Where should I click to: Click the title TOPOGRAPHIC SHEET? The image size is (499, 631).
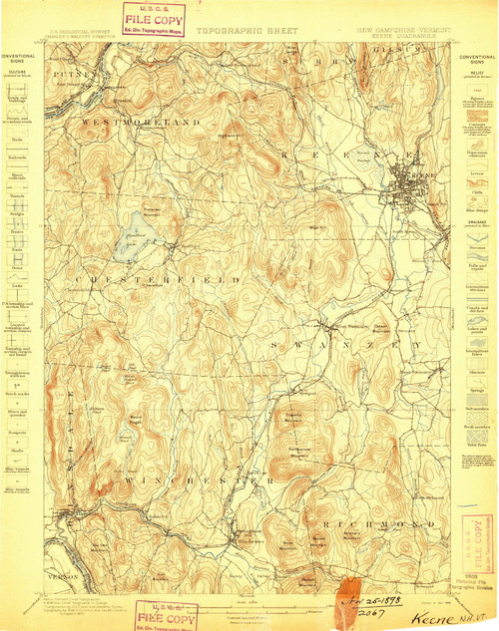click(246, 31)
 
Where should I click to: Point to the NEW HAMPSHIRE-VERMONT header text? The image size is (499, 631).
click(402, 30)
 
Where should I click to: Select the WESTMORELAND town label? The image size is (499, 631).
click(141, 122)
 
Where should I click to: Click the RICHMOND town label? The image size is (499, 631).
click(373, 522)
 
